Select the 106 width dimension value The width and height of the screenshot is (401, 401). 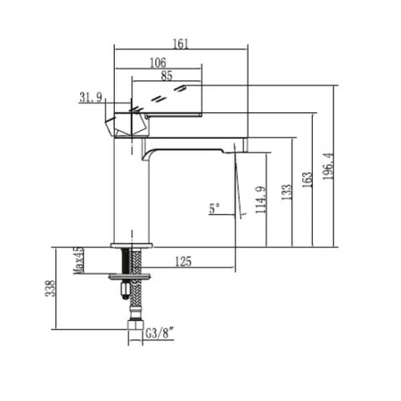[x=159, y=62]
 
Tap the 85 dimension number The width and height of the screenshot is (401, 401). [x=168, y=76]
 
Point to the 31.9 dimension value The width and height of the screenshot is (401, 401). [x=91, y=98]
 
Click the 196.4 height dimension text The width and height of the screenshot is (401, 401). [x=328, y=166]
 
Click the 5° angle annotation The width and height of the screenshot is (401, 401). [x=214, y=209]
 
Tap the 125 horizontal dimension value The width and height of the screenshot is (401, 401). [x=184, y=261]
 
